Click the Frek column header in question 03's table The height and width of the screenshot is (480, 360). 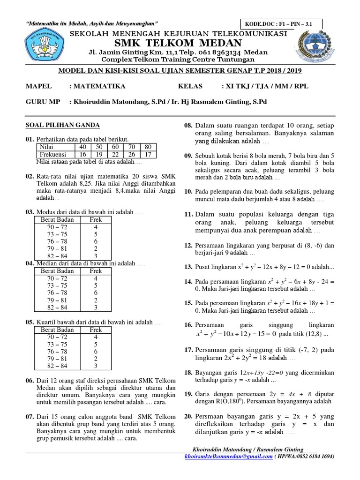[x=96, y=219]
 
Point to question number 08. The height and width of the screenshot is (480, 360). [x=188, y=125]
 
